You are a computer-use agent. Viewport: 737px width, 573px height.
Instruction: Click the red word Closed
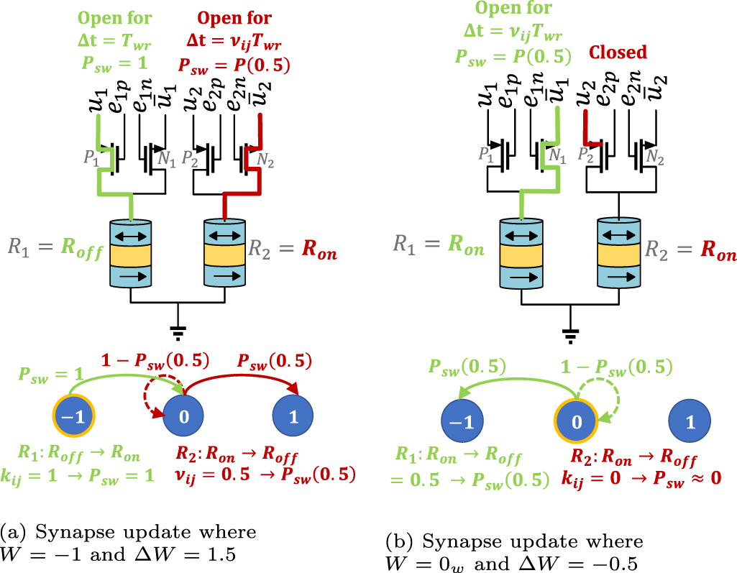tap(618, 52)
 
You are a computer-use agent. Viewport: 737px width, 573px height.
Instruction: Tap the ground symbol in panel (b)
tap(571, 332)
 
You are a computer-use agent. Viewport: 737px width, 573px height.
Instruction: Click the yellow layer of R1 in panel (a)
tap(132, 255)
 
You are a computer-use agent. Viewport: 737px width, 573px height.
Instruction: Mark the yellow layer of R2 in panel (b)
tap(619, 255)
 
